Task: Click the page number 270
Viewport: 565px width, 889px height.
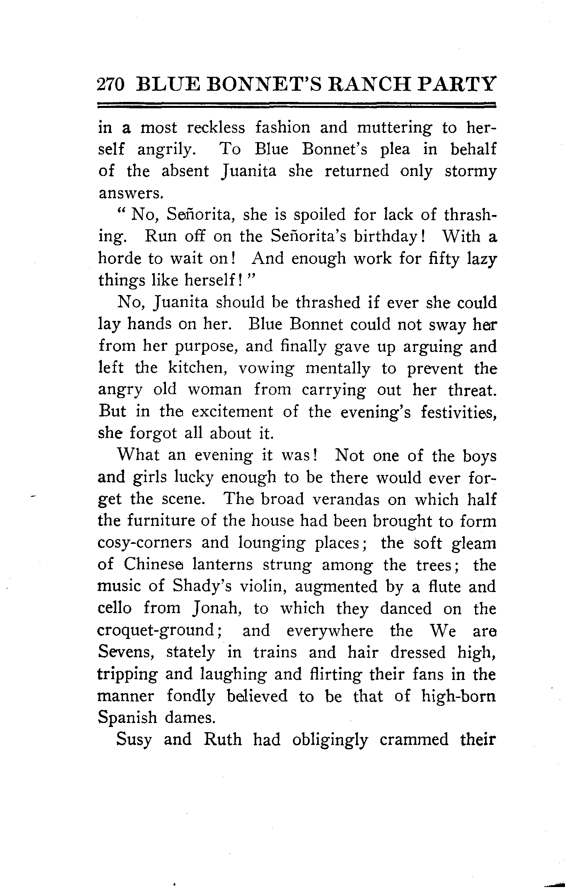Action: [x=111, y=85]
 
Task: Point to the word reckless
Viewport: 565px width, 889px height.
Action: [x=216, y=128]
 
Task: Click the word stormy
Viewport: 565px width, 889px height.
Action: [x=470, y=172]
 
